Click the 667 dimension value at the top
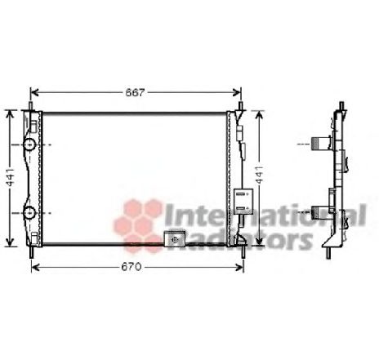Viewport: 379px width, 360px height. coord(135,92)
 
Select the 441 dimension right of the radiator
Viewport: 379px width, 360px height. coord(260,176)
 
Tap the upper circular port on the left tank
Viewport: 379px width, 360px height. coord(30,144)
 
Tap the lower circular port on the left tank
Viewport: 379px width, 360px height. coord(30,214)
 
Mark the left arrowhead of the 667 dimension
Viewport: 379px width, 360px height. coord(33,92)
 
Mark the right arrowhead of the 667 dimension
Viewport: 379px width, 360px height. coord(239,92)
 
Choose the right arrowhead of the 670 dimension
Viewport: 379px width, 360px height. coord(240,267)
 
